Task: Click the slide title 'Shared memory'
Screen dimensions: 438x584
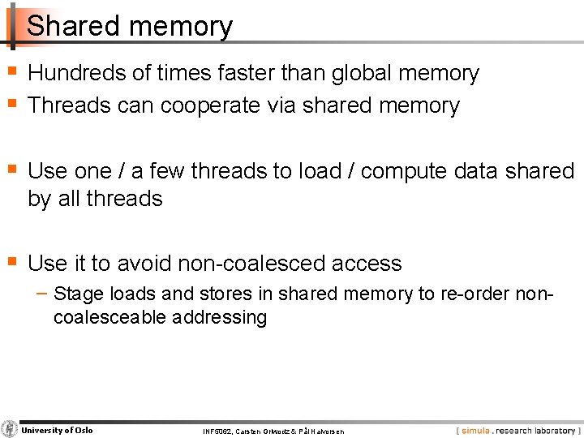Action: (x=130, y=27)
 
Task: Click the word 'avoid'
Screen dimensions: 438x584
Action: (x=143, y=264)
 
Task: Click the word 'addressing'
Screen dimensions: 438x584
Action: (x=219, y=317)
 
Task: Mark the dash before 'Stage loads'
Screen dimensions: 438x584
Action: (x=44, y=293)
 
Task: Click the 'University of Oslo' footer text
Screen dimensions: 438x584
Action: (x=57, y=430)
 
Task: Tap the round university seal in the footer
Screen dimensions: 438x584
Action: (x=10, y=429)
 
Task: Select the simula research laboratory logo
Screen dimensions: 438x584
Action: (x=517, y=431)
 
